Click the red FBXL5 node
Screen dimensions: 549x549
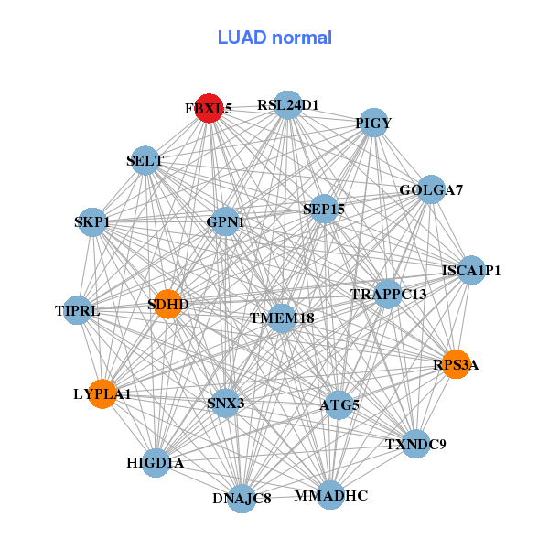[210, 108]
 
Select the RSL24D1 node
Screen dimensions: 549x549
[287, 105]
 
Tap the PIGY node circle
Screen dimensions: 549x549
[373, 123]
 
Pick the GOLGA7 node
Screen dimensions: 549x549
[431, 190]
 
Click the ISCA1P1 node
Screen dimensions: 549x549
[471, 270]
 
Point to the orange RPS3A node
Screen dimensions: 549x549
[456, 365]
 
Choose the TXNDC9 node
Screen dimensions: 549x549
[415, 445]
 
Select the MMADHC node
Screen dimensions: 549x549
[330, 496]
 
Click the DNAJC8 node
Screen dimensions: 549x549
[242, 499]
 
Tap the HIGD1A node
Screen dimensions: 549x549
[156, 463]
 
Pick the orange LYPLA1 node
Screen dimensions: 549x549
[102, 394]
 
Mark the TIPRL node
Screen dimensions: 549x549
[79, 311]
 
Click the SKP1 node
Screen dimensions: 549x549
[91, 221]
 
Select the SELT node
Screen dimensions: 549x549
[145, 161]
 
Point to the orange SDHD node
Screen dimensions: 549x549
[168, 304]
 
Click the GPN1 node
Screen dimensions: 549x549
[225, 221]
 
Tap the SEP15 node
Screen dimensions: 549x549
[324, 210]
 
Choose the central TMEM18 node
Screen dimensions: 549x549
[282, 318]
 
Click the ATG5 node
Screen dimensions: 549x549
[339, 404]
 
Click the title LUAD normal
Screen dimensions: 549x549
[274, 38]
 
